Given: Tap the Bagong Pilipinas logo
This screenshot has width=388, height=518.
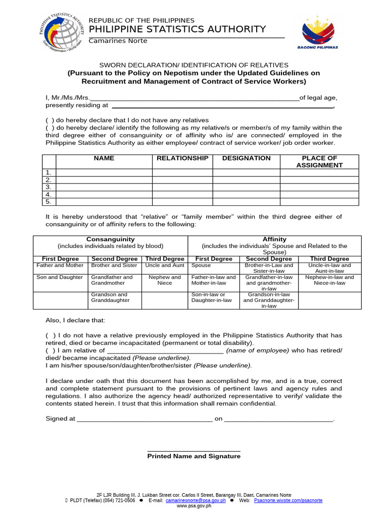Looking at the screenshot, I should click(x=321, y=32).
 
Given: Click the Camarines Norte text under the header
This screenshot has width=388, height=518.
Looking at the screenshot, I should click(x=118, y=41).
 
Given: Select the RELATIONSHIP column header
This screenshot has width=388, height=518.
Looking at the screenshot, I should click(x=182, y=158).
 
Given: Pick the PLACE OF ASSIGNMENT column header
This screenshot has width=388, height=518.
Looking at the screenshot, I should click(x=319, y=162).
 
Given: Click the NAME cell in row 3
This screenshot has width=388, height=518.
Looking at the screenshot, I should click(x=104, y=187).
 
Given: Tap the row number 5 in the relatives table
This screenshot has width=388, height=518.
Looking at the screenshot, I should click(x=49, y=202).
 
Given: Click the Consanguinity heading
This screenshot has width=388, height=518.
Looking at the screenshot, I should click(x=110, y=239).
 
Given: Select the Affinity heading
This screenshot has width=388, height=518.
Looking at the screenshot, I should click(x=274, y=239).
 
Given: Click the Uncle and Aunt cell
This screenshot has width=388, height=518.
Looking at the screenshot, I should click(x=165, y=266).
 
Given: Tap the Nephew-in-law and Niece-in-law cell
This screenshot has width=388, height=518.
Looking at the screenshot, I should click(x=329, y=280).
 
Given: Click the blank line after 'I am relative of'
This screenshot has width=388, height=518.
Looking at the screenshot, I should click(x=165, y=351).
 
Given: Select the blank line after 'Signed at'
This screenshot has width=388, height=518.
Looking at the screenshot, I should click(x=144, y=419).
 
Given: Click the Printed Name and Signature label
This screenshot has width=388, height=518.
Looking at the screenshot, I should click(x=193, y=456).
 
